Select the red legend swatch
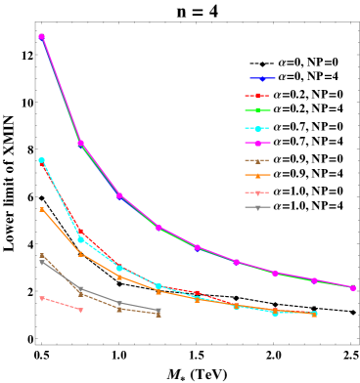click(x=257, y=95)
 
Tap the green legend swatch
click(x=257, y=110)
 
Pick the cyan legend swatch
click(x=257, y=128)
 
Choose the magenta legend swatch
click(x=257, y=144)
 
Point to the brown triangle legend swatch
click(x=257, y=160)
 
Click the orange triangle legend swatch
click(x=257, y=176)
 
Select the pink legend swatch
click(x=257, y=192)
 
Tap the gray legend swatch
click(x=257, y=207)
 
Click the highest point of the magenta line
click(x=41, y=36)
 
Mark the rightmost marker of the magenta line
click(x=352, y=287)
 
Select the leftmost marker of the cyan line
click(x=41, y=160)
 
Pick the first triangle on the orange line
click(x=41, y=208)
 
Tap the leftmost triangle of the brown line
click(x=41, y=255)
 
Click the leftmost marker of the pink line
click(x=41, y=298)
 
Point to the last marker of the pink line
click(x=80, y=310)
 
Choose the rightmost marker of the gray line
click(x=158, y=311)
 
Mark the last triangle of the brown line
click(x=158, y=314)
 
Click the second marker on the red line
click(x=80, y=232)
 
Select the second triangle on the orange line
click(x=80, y=253)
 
